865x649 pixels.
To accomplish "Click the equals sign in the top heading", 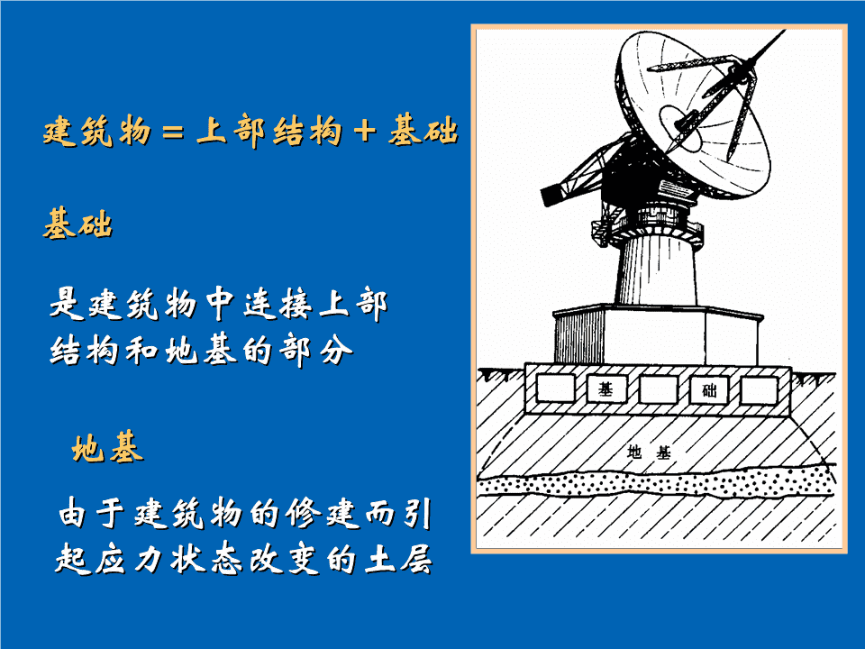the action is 173,133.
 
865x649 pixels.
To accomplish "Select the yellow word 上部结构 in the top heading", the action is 269,132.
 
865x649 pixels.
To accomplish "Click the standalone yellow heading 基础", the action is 77,224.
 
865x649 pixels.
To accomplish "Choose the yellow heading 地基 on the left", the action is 107,447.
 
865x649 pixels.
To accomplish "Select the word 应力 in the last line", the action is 128,559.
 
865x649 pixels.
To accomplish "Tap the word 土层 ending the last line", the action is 398,559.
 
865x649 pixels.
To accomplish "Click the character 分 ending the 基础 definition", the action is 335,351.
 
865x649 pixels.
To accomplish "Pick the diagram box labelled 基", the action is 606,389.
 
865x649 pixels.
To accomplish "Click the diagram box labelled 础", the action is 709,390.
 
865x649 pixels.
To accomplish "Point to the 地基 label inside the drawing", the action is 649,452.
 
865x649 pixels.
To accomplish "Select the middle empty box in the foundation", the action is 658,389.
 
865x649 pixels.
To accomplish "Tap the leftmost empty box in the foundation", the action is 556,388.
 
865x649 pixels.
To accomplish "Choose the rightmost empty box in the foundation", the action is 759,390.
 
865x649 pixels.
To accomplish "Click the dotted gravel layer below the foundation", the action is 657,483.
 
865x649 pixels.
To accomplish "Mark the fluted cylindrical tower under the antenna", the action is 657,270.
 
